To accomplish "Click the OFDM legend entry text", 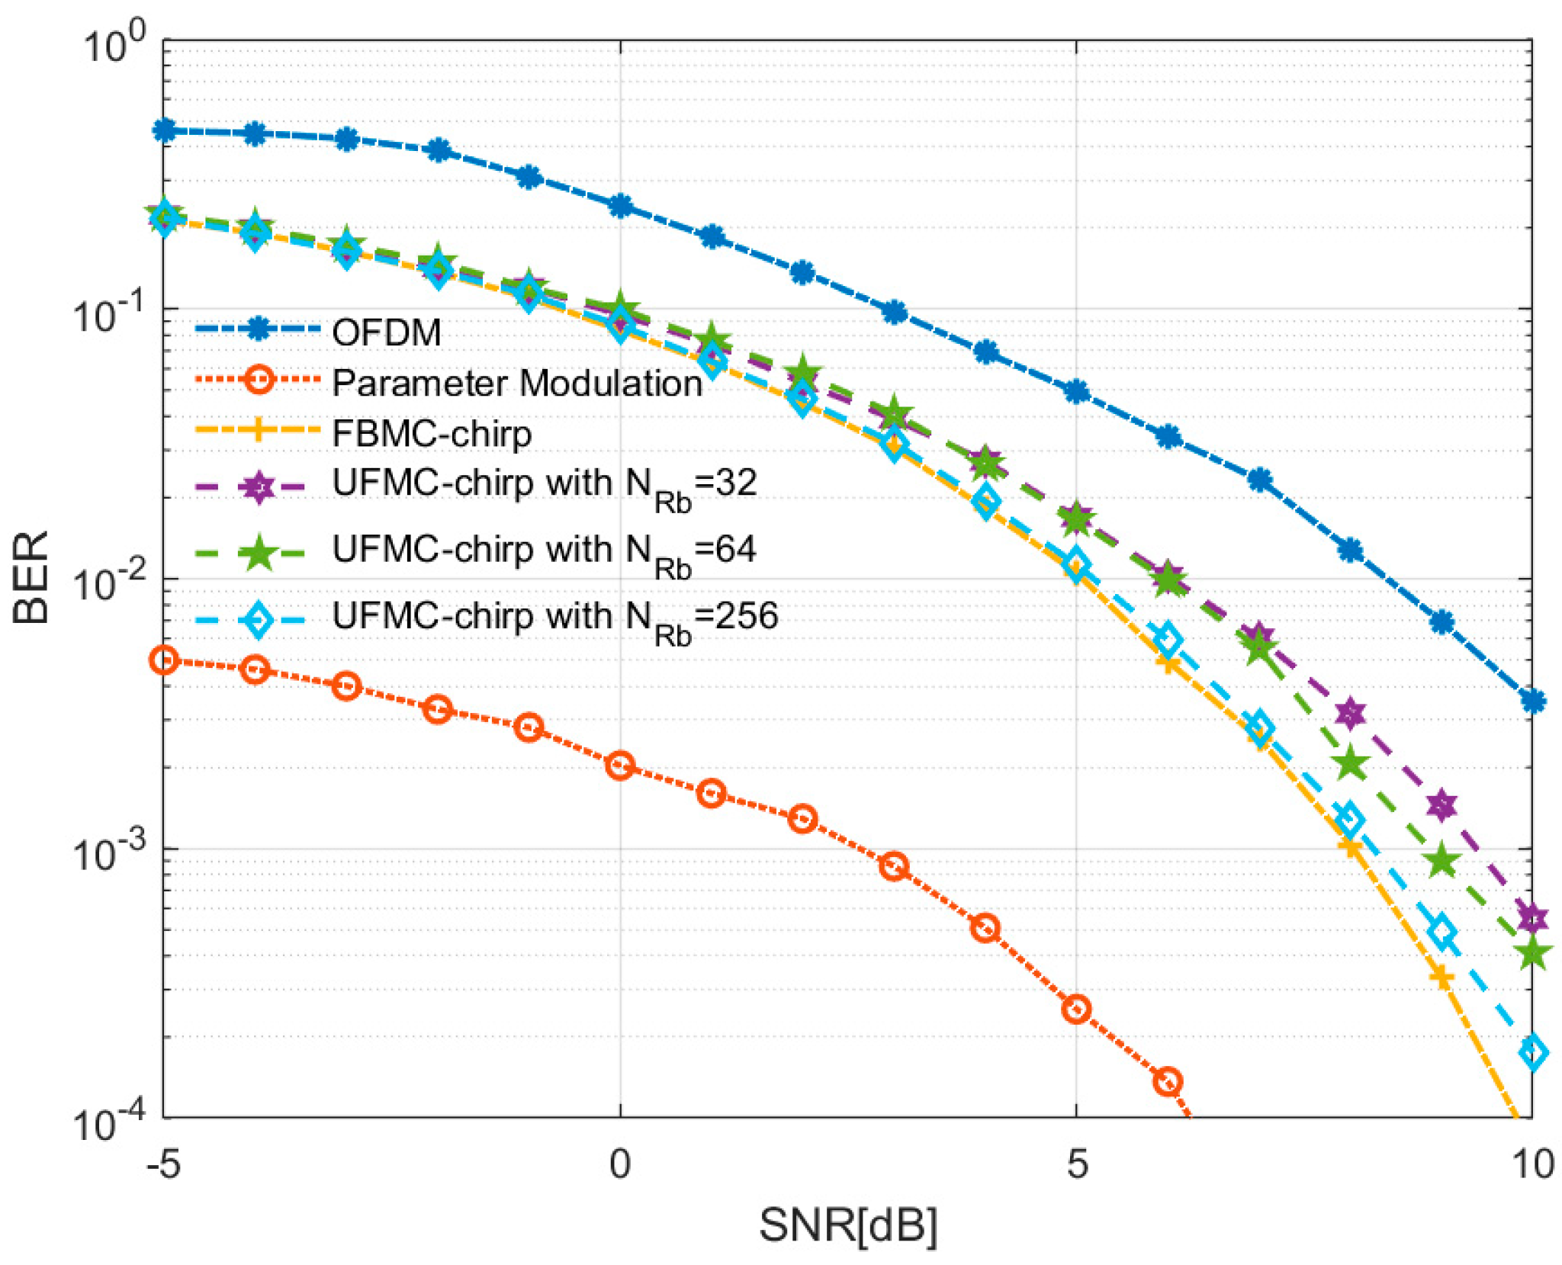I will click(387, 332).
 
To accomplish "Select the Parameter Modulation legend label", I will click(517, 383).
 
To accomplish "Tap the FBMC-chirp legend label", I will click(432, 434).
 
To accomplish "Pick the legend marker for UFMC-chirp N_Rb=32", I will click(259, 486).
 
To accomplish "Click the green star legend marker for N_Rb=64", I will click(259, 553).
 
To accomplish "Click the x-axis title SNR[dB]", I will click(847, 1225).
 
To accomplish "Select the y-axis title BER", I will click(32, 577).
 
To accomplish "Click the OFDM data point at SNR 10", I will click(1532, 701).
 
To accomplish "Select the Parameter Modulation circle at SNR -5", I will click(164, 660).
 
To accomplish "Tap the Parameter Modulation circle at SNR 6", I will click(1168, 1080).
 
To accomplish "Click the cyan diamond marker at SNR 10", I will click(1532, 1052).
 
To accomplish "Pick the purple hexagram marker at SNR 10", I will click(1532, 917).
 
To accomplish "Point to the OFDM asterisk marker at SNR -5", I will click(164, 130).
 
